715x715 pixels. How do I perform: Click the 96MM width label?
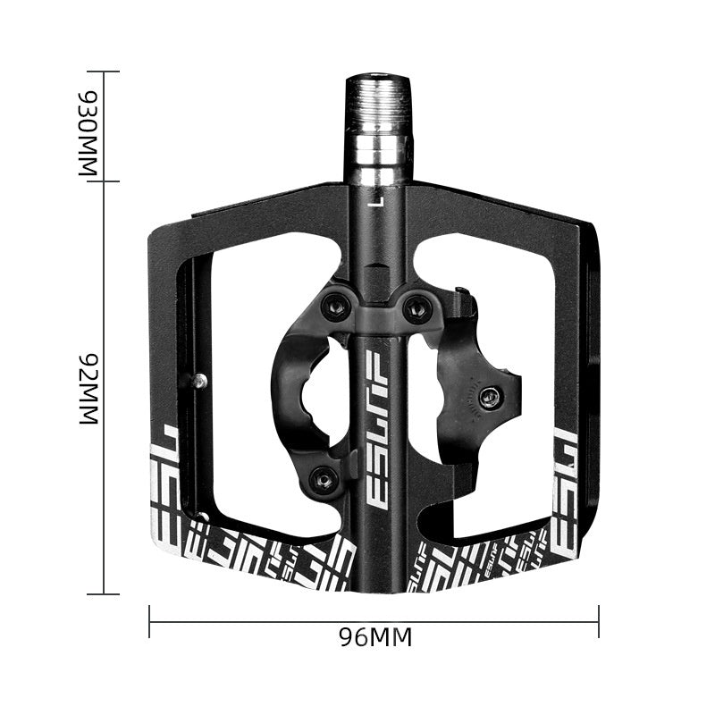click(374, 638)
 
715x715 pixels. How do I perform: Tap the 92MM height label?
click(88, 387)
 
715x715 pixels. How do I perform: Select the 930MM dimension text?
click(88, 127)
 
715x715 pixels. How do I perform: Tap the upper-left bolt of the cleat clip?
click(337, 304)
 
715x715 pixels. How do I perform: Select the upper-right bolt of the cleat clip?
click(417, 308)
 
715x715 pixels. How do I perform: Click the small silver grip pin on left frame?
click(198, 381)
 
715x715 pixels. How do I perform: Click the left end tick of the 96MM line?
click(149, 621)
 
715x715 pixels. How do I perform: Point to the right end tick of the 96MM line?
click(598, 621)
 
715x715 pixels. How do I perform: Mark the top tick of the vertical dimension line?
click(105, 71)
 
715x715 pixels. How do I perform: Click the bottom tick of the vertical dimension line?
click(105, 593)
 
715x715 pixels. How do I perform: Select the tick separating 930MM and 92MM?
click(105, 181)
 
